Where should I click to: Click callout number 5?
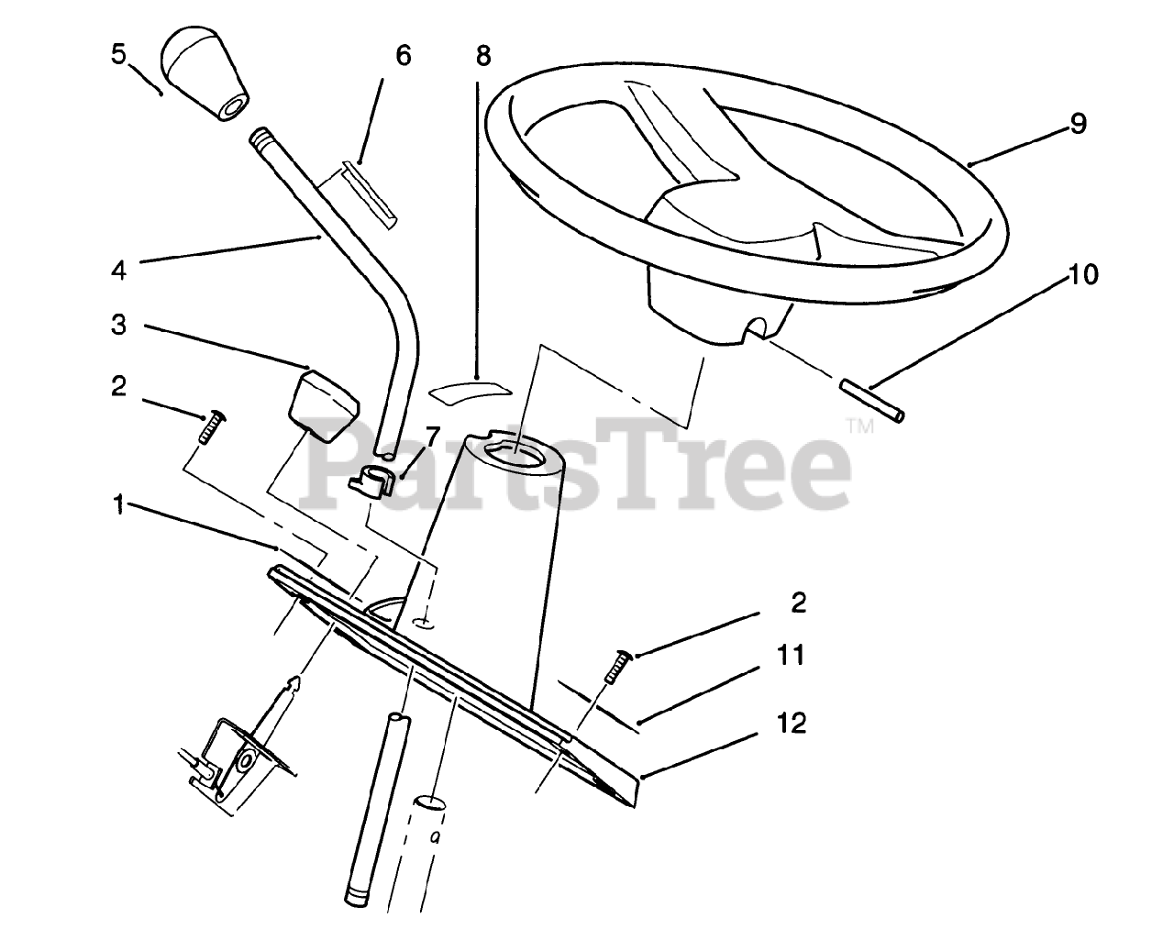coord(117,54)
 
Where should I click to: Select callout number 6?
coord(402,55)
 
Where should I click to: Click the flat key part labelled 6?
coord(367,193)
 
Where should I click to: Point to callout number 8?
coord(482,56)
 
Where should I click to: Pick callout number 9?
coord(1077,124)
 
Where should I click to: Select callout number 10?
coord(1083,274)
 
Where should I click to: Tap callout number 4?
coord(118,270)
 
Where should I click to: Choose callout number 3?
coord(118,326)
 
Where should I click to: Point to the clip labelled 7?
coord(374,480)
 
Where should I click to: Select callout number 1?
coord(118,505)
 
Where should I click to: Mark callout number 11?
coord(791,656)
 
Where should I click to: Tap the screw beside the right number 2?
coord(615,665)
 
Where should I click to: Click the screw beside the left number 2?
coord(213,425)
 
